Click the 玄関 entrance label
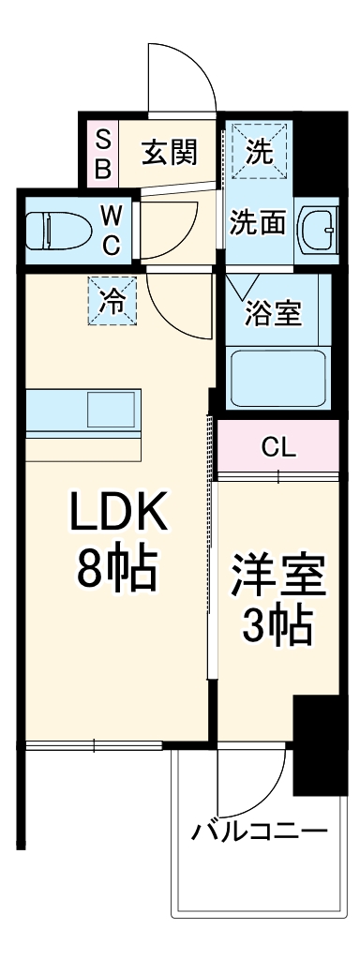click(x=169, y=152)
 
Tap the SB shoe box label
click(x=103, y=154)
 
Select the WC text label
click(x=111, y=231)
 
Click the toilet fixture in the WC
click(x=56, y=229)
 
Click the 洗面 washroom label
click(x=258, y=225)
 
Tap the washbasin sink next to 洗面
click(x=318, y=227)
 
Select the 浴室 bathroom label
click(x=274, y=312)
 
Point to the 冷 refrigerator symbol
click(x=112, y=301)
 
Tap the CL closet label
click(x=278, y=446)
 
